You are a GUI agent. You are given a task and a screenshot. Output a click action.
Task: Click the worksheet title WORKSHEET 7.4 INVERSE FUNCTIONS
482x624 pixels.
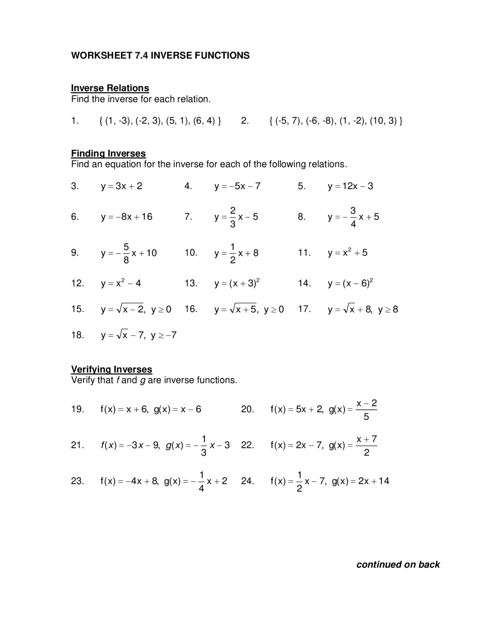tap(160, 56)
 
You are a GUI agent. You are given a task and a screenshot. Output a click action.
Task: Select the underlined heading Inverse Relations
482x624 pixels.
tap(110, 88)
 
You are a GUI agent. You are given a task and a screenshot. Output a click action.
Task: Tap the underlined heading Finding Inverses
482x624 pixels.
tap(108, 153)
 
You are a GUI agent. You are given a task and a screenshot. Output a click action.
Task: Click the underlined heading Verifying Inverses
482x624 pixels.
tap(111, 369)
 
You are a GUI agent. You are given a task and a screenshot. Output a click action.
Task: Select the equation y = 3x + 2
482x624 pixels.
tap(121, 186)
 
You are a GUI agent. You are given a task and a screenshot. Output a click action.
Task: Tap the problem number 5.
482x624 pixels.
tap(301, 186)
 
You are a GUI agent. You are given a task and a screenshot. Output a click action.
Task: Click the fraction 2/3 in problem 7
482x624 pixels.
tap(233, 217)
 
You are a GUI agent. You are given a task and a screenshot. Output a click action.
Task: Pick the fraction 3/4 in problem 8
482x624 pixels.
tap(353, 217)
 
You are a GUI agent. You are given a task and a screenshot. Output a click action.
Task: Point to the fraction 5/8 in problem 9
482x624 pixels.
tap(126, 253)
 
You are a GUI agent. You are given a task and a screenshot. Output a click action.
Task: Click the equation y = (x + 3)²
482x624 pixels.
tap(237, 283)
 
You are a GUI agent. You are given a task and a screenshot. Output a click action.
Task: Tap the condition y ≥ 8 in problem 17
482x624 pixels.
tap(388, 310)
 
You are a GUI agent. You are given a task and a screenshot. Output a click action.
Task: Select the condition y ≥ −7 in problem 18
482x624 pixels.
tap(163, 335)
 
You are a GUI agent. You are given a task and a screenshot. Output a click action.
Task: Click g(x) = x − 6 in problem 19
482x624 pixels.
tap(177, 409)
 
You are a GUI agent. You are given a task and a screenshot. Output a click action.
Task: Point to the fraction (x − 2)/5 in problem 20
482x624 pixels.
tap(366, 410)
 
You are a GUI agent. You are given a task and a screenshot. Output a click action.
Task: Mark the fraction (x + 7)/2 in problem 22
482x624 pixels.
tap(366, 445)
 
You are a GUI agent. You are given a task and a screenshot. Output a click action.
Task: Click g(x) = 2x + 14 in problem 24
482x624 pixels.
tap(360, 481)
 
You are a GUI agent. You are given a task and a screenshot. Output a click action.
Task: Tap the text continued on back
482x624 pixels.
tap(398, 564)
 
